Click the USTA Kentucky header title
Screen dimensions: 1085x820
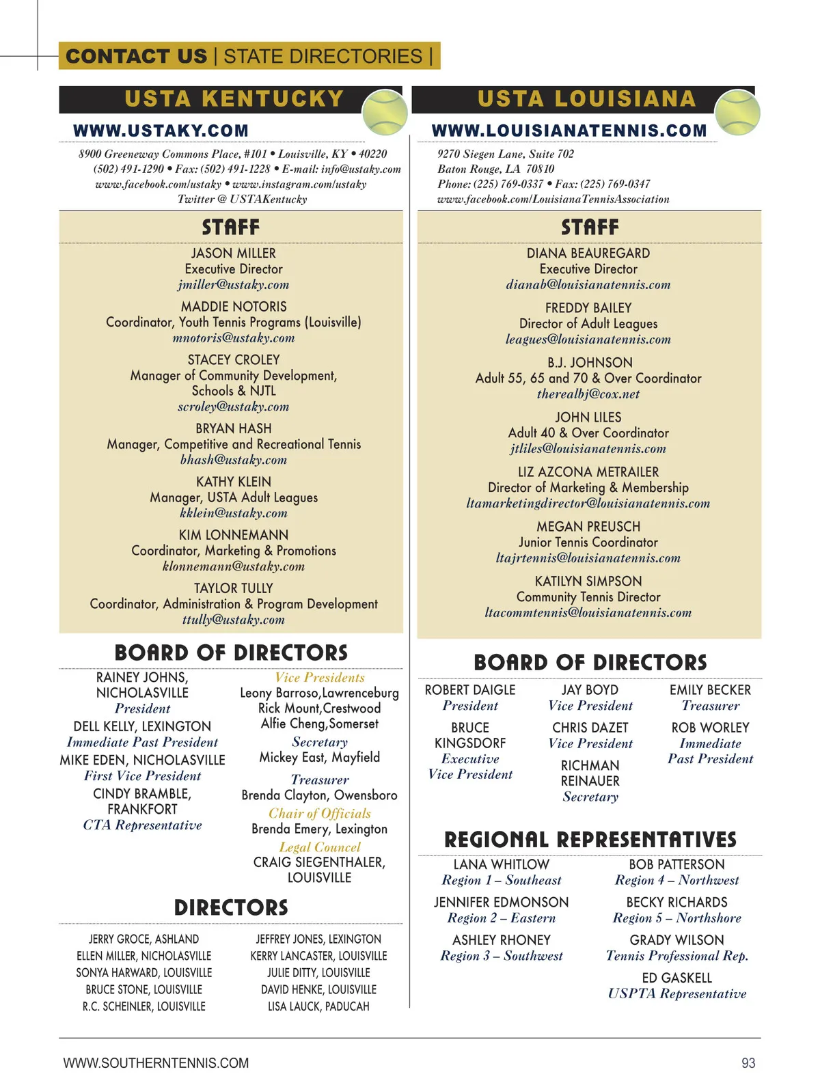[x=234, y=99]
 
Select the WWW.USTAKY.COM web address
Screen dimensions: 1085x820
[x=161, y=131]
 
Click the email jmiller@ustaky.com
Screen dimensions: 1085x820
[x=234, y=285]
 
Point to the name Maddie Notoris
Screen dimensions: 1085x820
[x=234, y=307]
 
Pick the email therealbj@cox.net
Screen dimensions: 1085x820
[x=588, y=394]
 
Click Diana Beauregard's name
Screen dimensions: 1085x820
[x=588, y=253]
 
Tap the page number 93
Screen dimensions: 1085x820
[x=748, y=1063]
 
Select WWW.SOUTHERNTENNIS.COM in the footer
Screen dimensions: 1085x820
[x=156, y=1063]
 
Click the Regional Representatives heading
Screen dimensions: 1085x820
[x=590, y=840]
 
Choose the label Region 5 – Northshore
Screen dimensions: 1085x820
[x=676, y=918]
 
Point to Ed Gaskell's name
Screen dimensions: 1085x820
[x=676, y=978]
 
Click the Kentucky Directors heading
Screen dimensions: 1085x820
[x=231, y=908]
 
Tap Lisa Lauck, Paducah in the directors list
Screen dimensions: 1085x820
[x=318, y=1006]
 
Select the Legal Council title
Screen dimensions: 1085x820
[x=320, y=847]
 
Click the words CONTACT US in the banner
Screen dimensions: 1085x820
[x=137, y=56]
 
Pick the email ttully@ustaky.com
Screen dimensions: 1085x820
[x=234, y=620]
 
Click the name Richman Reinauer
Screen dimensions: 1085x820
[x=590, y=773]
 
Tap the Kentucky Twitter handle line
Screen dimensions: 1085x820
[x=243, y=200]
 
